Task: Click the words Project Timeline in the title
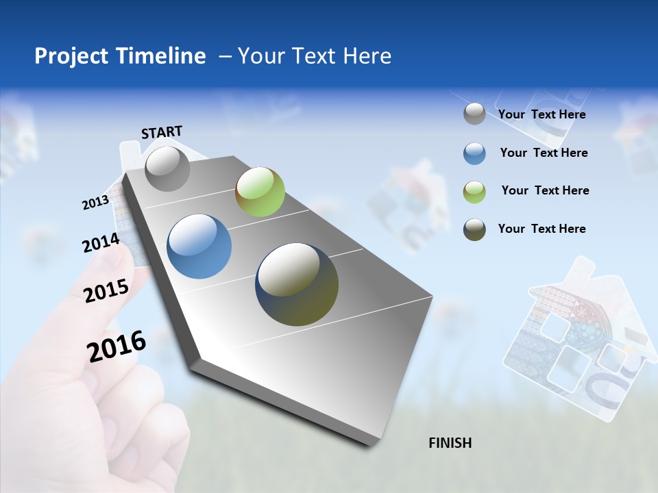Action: (120, 56)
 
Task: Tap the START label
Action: (162, 132)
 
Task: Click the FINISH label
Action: (450, 443)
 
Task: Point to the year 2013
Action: (95, 203)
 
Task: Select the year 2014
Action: (101, 243)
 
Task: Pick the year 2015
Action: (106, 290)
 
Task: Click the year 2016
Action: (117, 346)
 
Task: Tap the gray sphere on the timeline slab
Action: (167, 168)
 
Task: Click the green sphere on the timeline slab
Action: (260, 192)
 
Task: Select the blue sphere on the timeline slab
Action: (199, 246)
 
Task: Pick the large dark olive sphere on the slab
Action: (297, 284)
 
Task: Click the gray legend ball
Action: (474, 114)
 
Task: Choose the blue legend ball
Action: (474, 153)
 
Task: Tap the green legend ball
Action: (474, 192)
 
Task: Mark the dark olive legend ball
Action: (474, 229)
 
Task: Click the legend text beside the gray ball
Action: (541, 115)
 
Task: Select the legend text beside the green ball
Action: (545, 190)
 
